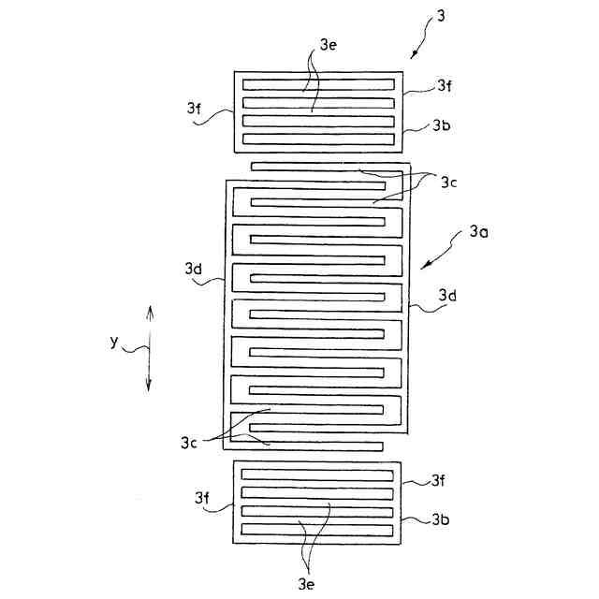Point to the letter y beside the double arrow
[x=113, y=342]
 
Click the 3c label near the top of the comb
[x=449, y=183]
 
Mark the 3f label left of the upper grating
[x=194, y=108]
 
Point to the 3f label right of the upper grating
[x=445, y=85]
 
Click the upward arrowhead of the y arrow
[x=150, y=310]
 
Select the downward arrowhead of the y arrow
[x=150, y=386]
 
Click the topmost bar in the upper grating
[x=318, y=83]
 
